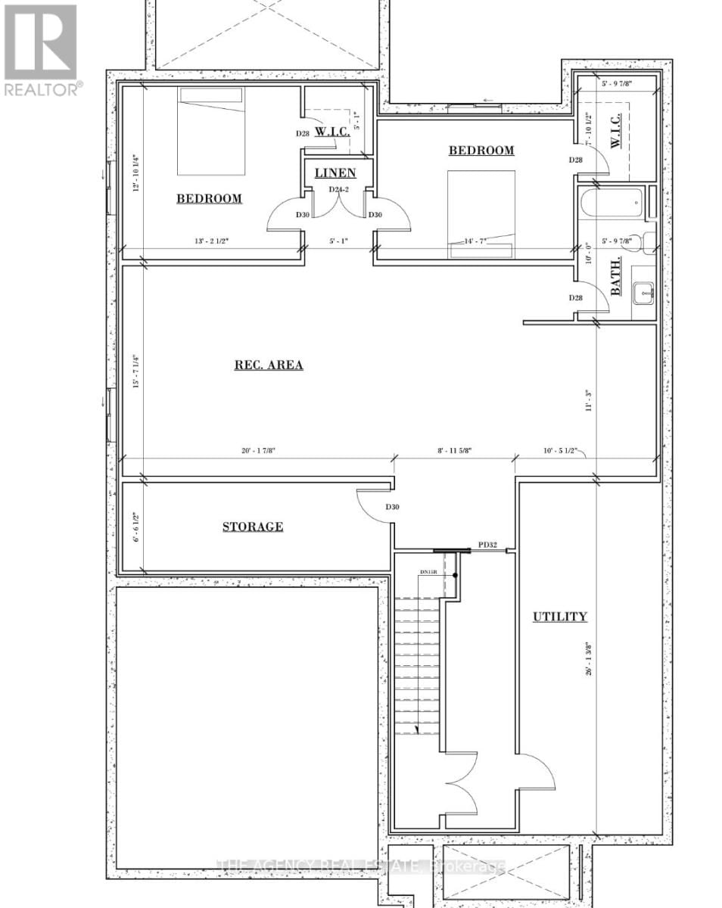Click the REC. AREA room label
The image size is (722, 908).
(x=268, y=365)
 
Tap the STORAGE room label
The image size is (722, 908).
(x=253, y=527)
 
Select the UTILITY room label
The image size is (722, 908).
(x=559, y=617)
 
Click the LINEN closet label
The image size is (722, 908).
(x=335, y=173)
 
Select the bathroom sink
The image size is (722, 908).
(x=644, y=290)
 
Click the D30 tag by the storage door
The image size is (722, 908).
(x=392, y=507)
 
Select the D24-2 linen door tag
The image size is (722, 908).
(x=337, y=190)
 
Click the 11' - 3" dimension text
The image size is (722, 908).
(x=587, y=400)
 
